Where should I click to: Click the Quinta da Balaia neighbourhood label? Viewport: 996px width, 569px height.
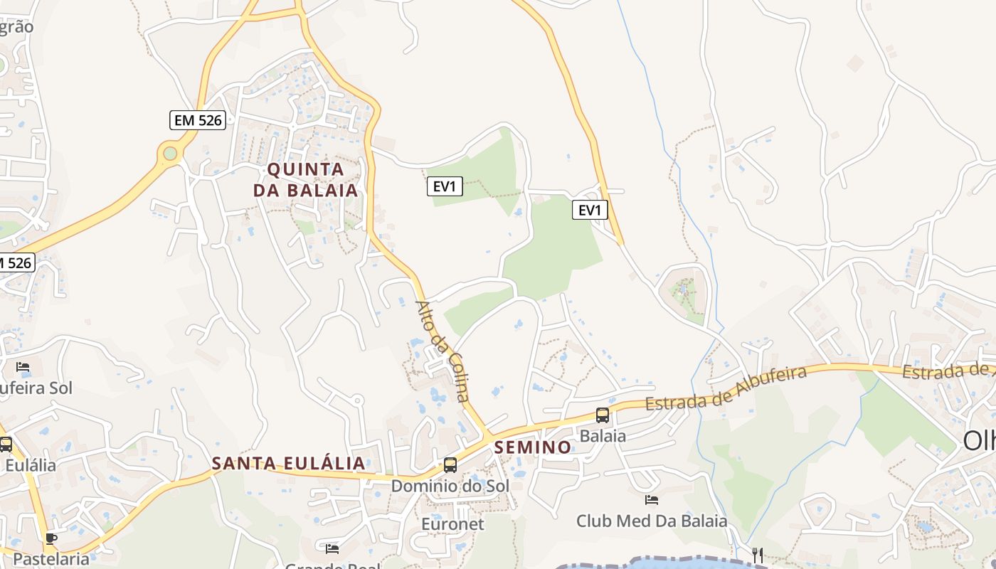306,180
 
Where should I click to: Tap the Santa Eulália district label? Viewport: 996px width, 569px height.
289,464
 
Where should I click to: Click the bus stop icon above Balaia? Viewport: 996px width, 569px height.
603,415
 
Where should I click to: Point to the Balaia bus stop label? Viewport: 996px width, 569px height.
603,435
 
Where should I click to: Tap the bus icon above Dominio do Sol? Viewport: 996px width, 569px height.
450,465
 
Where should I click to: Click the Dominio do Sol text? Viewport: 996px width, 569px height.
450,486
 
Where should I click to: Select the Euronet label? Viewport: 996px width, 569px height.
452,524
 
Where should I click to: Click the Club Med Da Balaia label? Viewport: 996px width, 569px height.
652,521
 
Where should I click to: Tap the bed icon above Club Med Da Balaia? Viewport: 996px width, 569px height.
652,500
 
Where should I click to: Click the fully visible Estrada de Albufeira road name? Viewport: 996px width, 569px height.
726,388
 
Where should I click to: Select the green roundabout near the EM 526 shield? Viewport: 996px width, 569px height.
169,153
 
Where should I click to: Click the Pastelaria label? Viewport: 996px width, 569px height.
51,558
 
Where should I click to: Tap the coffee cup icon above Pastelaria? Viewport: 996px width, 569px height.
51,538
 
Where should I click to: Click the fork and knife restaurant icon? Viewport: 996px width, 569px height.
758,555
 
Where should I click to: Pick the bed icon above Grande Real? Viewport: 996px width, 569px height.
332,548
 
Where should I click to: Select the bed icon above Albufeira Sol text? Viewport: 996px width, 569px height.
23,367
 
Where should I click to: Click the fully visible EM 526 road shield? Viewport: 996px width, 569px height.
198,120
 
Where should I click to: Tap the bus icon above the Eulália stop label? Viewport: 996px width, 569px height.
6,445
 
